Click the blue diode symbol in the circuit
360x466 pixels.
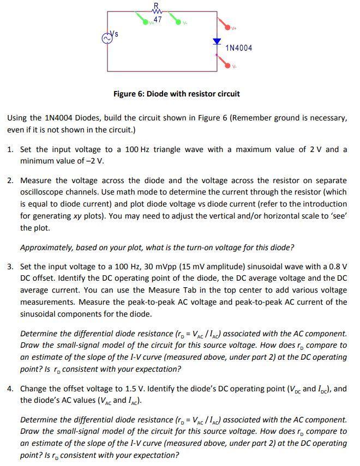[x=217, y=41]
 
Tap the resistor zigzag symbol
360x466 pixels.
[x=157, y=12]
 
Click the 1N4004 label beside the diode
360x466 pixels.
[x=239, y=48]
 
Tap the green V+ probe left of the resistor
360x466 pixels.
[x=146, y=21]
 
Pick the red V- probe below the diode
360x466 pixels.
[x=225, y=63]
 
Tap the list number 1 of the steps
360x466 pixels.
[x=10, y=149]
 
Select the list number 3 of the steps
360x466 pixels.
[x=10, y=266]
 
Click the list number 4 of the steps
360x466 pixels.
[x=10, y=389]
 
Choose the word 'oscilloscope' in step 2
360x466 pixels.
[x=42, y=192]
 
